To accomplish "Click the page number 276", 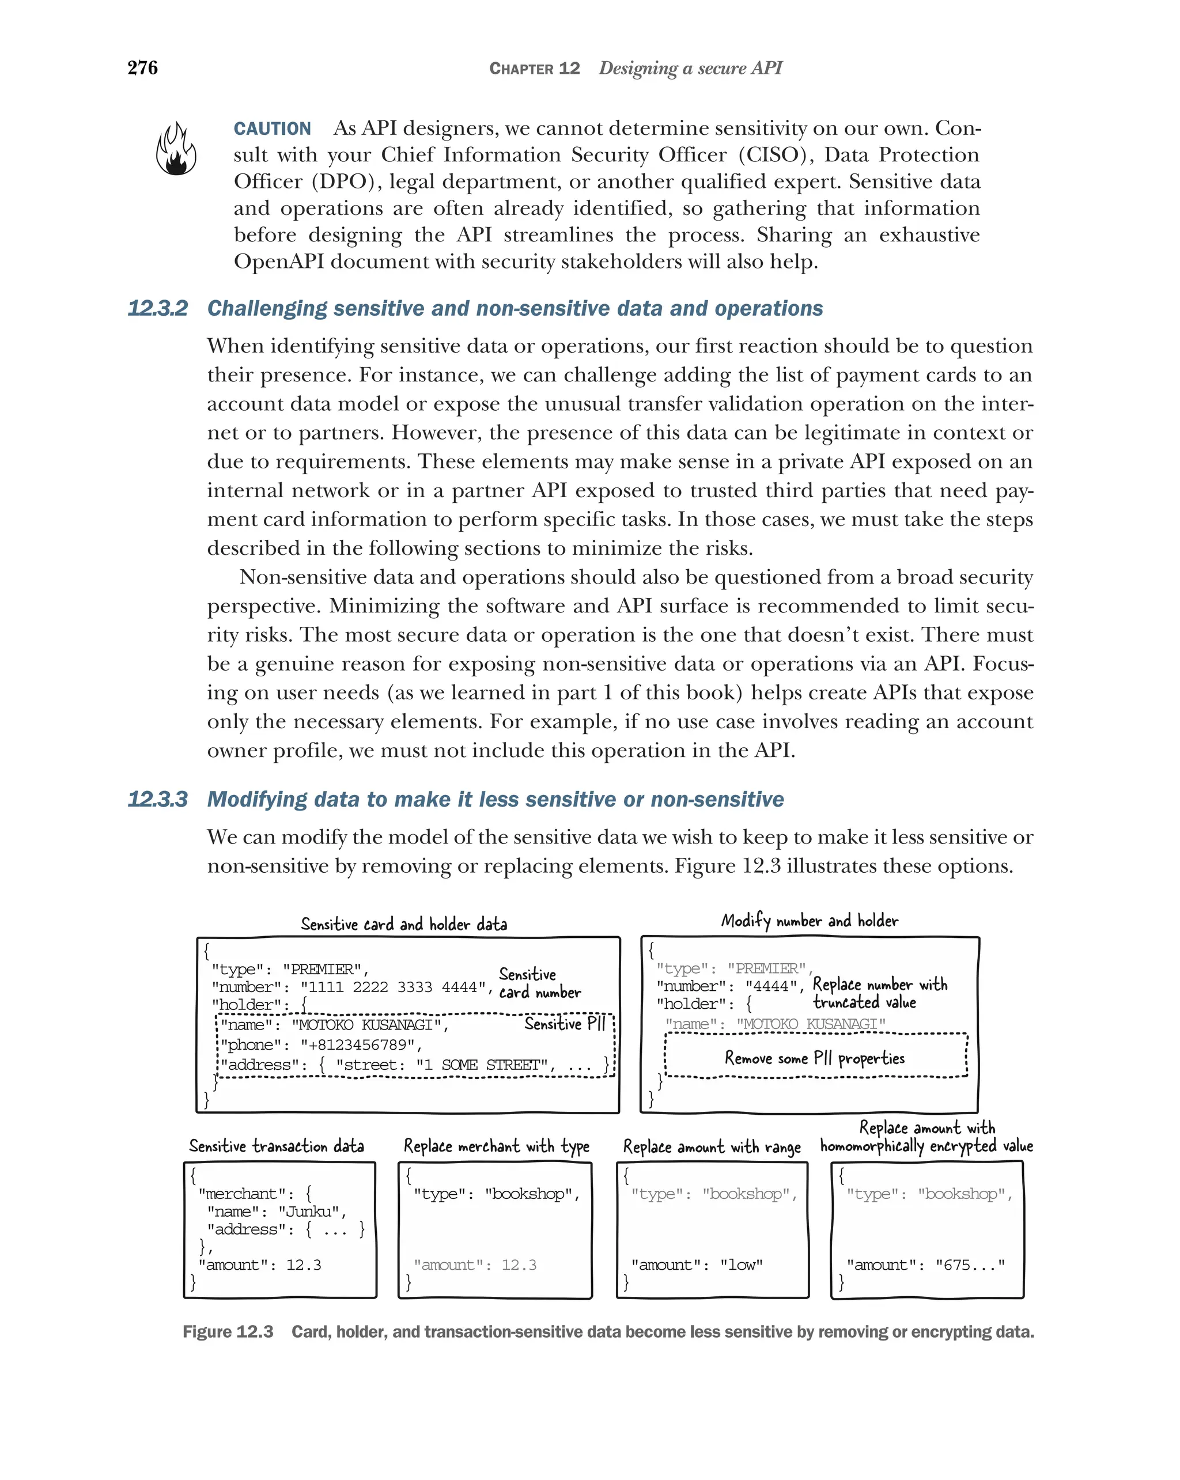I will (x=142, y=67).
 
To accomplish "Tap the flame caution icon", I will (x=176, y=149).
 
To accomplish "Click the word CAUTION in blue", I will (x=272, y=128).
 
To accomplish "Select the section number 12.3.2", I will (x=157, y=308).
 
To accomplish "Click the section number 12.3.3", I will (x=157, y=799).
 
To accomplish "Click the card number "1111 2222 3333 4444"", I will (x=392, y=987).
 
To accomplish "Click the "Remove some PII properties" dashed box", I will (x=815, y=1057).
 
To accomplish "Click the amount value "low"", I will (x=741, y=1265).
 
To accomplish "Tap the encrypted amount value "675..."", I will (x=969, y=1265).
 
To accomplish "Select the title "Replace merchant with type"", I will (x=496, y=1146).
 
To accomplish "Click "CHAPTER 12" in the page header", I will (x=534, y=68).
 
